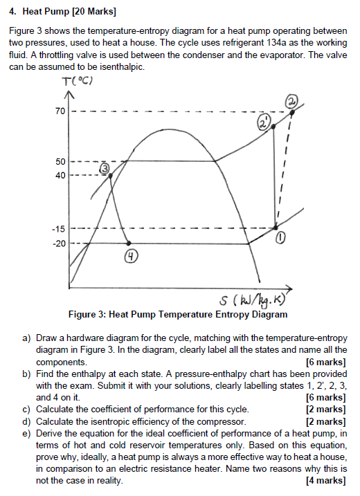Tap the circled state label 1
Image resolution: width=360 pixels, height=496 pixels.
click(280, 238)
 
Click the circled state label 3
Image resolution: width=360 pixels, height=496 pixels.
click(105, 168)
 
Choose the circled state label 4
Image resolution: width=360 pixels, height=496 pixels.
click(131, 258)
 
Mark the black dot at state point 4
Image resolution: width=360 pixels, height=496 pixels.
click(129, 243)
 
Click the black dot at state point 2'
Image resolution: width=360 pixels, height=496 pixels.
click(272, 126)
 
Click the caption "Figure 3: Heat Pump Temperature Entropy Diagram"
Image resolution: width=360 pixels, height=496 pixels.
click(178, 315)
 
